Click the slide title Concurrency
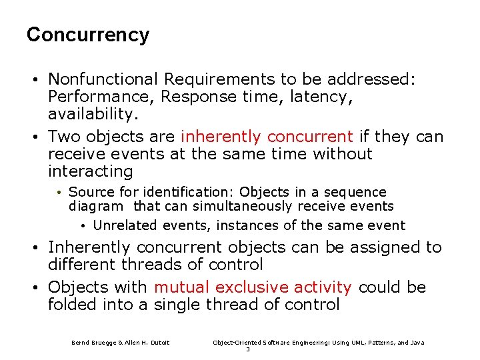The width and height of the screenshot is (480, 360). pyautogui.click(x=87, y=35)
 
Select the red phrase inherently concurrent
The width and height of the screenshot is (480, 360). pyautogui.click(x=267, y=137)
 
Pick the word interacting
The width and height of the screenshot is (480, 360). pyautogui.click(x=90, y=172)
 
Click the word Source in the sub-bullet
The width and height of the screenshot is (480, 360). pyautogui.click(x=89, y=193)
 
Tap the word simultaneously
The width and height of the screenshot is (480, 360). pyautogui.click(x=228, y=207)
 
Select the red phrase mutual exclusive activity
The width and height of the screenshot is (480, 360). pyautogui.click(x=253, y=288)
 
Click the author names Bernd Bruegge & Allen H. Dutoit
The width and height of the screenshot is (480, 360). pyautogui.click(x=121, y=343)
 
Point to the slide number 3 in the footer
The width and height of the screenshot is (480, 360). pyautogui.click(x=248, y=349)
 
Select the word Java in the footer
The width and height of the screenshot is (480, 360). pyautogui.click(x=417, y=343)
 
